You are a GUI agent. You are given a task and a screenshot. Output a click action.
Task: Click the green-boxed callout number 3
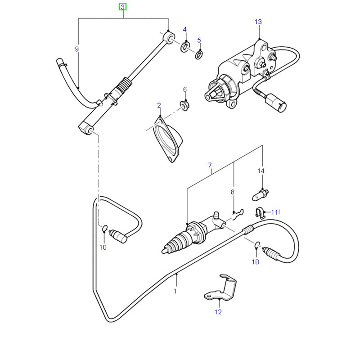(123, 6)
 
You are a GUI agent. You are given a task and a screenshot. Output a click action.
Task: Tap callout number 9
(77, 49)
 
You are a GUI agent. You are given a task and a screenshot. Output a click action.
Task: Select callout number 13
(258, 22)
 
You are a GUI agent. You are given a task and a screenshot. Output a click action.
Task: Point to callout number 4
(184, 30)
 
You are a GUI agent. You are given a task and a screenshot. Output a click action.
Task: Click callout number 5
(199, 40)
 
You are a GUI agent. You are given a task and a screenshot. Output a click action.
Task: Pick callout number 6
(184, 89)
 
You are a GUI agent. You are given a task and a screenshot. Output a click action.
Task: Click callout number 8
(233, 192)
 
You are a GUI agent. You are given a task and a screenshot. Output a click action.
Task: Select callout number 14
(261, 171)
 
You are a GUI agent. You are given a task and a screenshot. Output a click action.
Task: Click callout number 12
(218, 311)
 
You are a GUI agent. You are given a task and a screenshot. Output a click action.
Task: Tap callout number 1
(175, 291)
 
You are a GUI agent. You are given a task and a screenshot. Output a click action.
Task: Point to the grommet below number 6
(184, 105)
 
